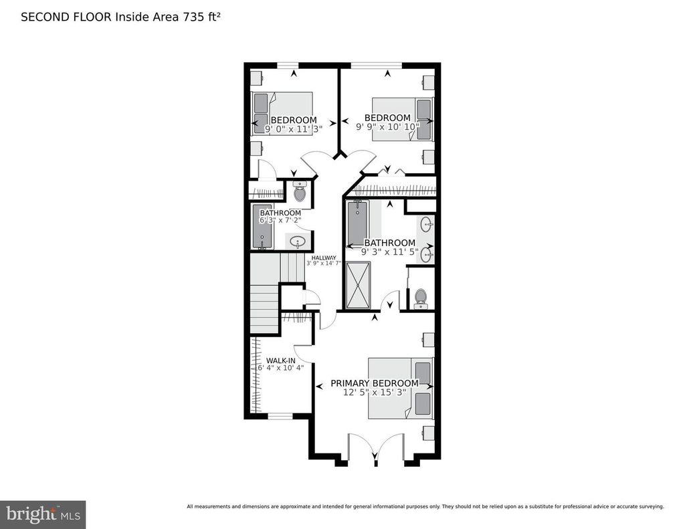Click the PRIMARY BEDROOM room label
coord(375,383)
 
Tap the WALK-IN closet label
coord(281,361)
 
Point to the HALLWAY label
coord(324,257)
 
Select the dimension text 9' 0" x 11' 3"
coord(293,129)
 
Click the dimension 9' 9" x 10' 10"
coord(387,126)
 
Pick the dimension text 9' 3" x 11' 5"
coord(390,251)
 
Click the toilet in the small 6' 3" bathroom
coord(300,191)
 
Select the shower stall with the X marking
coord(359,286)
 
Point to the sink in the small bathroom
coord(298,241)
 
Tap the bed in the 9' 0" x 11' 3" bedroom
coord(282,114)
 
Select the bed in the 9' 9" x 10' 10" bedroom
coord(402,119)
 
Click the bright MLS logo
coord(43,514)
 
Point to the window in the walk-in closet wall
coord(280,415)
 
